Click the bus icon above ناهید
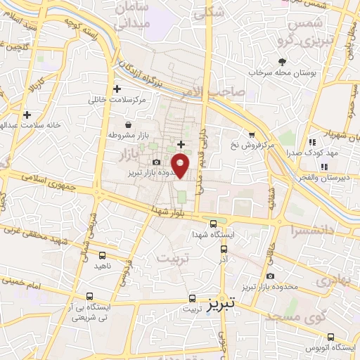point(103,256)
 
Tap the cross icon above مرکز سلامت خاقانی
point(117,89)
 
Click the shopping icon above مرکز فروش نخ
point(252,134)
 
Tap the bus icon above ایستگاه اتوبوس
point(331,337)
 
